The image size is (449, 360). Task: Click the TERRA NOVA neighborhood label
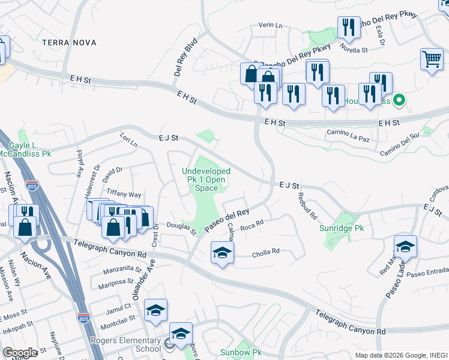pyautogui.click(x=69, y=42)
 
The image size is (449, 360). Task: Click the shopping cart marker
pyautogui.click(x=432, y=59)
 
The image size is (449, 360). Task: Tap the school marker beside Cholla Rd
pyautogui.click(x=222, y=253)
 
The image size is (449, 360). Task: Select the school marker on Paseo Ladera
pyautogui.click(x=405, y=246)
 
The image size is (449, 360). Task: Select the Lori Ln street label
pyautogui.click(x=128, y=141)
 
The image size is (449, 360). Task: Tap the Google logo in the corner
pyautogui.click(x=19, y=353)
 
